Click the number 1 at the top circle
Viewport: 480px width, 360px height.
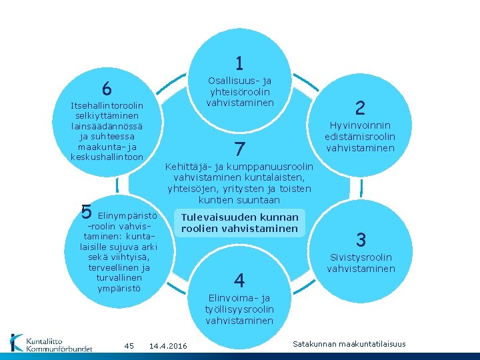pos(239,63)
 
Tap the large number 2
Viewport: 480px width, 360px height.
pos(360,108)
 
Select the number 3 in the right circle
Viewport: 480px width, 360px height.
pos(361,240)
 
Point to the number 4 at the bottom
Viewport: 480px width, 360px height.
pos(239,279)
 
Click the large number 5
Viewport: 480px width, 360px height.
pos(86,211)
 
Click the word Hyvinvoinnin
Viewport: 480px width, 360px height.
pos(360,125)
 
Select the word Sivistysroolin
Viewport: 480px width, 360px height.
pos(361,257)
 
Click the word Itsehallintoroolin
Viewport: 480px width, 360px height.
pos(107,106)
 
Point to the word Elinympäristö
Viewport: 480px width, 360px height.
pos(127,216)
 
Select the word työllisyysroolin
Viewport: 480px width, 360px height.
pos(239,309)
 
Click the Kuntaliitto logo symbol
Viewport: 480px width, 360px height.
pos(17,342)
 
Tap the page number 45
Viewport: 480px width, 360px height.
pos(129,345)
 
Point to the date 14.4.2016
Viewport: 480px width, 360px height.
pos(169,345)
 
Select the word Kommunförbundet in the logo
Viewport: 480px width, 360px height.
pos(59,347)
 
